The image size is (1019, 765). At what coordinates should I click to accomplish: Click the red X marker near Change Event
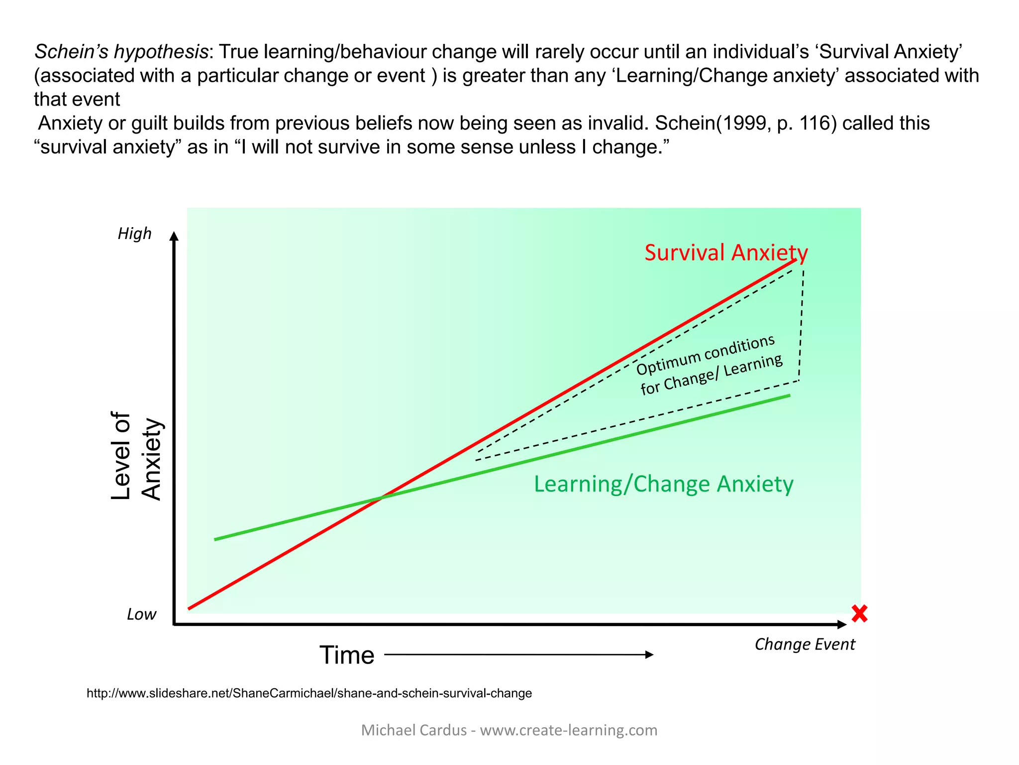[x=859, y=614]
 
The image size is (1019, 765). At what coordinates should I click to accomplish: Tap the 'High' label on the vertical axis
[x=134, y=234]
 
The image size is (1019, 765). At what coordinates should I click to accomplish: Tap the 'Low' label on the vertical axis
[x=141, y=614]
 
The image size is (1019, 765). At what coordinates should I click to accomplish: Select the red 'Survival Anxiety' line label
[x=726, y=253]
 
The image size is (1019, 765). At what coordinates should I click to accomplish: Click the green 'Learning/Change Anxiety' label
[x=663, y=484]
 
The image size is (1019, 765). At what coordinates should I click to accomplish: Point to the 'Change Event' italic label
[x=805, y=644]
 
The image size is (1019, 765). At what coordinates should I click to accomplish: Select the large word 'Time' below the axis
[x=347, y=655]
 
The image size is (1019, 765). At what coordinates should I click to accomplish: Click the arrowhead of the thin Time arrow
[x=649, y=654]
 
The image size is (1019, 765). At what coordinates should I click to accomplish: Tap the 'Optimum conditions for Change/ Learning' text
[x=709, y=366]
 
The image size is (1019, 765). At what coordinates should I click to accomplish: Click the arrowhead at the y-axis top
[x=174, y=236]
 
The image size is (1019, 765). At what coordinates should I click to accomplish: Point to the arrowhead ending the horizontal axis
[x=842, y=624]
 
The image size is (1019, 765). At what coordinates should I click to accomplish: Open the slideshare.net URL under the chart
[x=309, y=693]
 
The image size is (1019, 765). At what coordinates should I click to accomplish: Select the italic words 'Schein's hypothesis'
[x=121, y=52]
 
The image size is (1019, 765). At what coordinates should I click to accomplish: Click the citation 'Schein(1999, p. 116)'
[x=746, y=123]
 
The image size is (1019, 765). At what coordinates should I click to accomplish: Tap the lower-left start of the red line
[x=190, y=608]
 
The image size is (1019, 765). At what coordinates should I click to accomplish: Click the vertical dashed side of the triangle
[x=802, y=324]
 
